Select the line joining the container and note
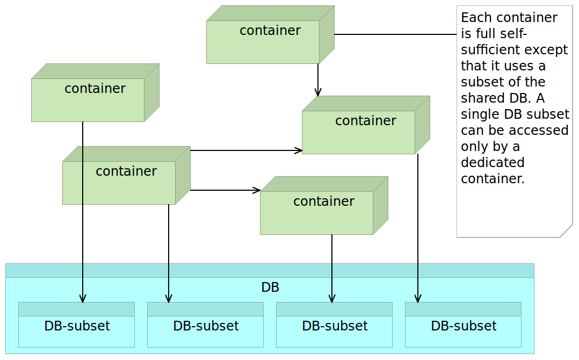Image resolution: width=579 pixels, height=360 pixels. coord(395,34)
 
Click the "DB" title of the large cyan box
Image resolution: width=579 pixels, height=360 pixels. coord(270,287)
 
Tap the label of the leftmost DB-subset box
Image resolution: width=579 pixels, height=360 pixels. coord(77,326)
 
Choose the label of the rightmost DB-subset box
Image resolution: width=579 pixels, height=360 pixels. coord(464,326)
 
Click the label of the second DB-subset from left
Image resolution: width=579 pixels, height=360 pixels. coord(206,326)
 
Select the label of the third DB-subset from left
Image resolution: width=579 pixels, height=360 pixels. coord(335,326)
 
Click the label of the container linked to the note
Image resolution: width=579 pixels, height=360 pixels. coord(270,31)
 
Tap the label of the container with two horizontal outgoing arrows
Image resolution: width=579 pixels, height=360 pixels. coord(126,171)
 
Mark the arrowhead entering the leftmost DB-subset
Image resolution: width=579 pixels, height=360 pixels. coord(83,299)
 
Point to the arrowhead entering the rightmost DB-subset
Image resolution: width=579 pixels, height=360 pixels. coord(418,299)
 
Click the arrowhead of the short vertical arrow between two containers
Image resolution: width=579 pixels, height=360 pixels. coord(318,92)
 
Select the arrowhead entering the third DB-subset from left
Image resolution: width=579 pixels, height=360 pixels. coord(332,299)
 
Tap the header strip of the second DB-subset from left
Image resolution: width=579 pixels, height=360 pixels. coord(205,309)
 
